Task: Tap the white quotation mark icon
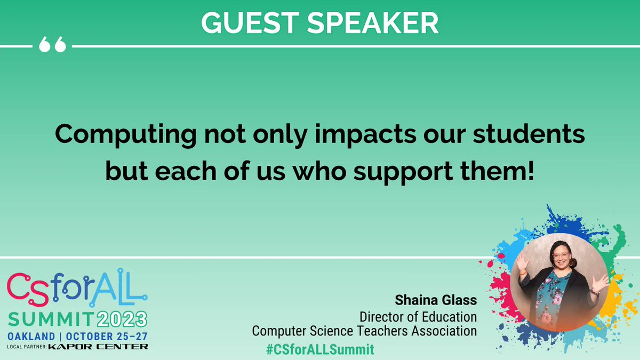tap(53, 46)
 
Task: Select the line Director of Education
tap(418, 316)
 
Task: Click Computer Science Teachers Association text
tap(364, 331)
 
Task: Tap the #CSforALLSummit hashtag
tap(319, 349)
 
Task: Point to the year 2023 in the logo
tap(121, 319)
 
